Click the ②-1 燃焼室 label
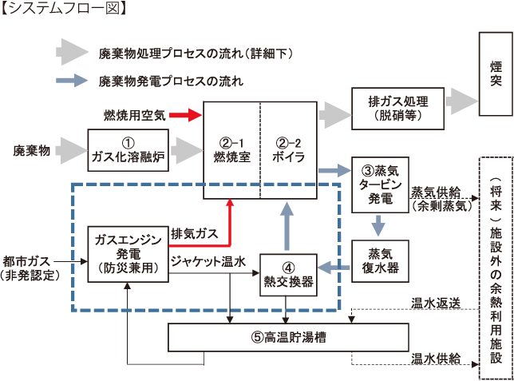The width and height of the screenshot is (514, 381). pos(231,149)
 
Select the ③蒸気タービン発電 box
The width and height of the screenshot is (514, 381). pos(379,185)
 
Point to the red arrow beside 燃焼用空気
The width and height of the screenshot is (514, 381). pos(184,116)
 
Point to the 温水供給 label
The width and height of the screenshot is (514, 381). pos(435,359)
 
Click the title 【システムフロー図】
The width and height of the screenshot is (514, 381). pos(57,10)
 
